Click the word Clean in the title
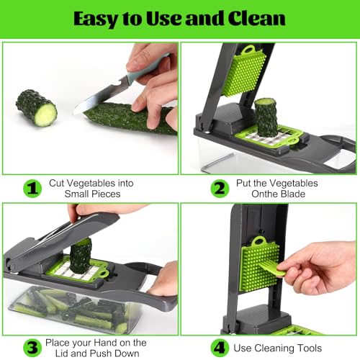click(x=256, y=18)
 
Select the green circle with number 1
click(x=32, y=189)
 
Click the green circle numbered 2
click(x=220, y=189)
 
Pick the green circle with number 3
click(x=32, y=348)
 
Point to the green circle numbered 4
click(x=220, y=348)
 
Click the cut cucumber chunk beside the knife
click(x=37, y=108)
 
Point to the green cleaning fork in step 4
click(x=271, y=269)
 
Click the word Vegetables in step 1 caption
click(x=91, y=183)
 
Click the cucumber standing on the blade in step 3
click(x=81, y=256)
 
